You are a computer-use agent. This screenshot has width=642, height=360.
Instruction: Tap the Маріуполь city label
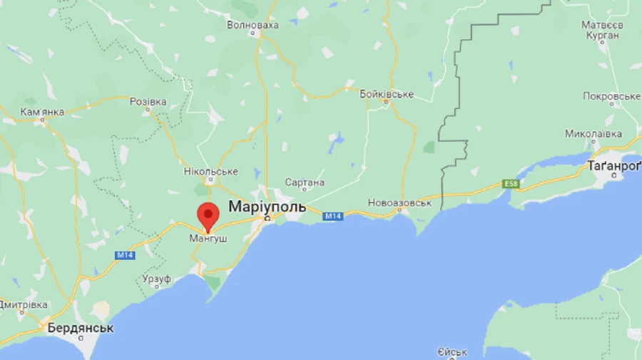point(267,207)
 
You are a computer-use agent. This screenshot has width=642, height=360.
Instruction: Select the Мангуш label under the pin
point(208,239)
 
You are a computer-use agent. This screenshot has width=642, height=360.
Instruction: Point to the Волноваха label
point(253,24)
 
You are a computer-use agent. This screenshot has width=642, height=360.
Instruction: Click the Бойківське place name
point(387,94)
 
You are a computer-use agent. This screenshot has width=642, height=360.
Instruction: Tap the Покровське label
point(611,96)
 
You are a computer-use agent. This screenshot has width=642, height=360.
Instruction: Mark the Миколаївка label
point(593,133)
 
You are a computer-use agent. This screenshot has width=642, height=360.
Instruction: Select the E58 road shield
point(510,184)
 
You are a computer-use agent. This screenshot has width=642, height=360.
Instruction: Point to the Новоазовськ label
point(400,203)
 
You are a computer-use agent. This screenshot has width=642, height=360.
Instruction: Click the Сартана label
point(305,182)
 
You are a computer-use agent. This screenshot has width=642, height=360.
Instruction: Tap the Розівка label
point(148,102)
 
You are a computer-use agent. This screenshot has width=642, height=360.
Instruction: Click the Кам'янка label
point(42,112)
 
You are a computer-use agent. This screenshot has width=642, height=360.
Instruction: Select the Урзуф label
point(156,278)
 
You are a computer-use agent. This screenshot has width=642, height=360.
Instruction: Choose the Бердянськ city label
point(80,329)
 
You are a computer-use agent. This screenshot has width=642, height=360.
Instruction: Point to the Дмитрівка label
point(24,304)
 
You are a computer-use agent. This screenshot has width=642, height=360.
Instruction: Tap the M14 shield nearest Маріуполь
point(333,216)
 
